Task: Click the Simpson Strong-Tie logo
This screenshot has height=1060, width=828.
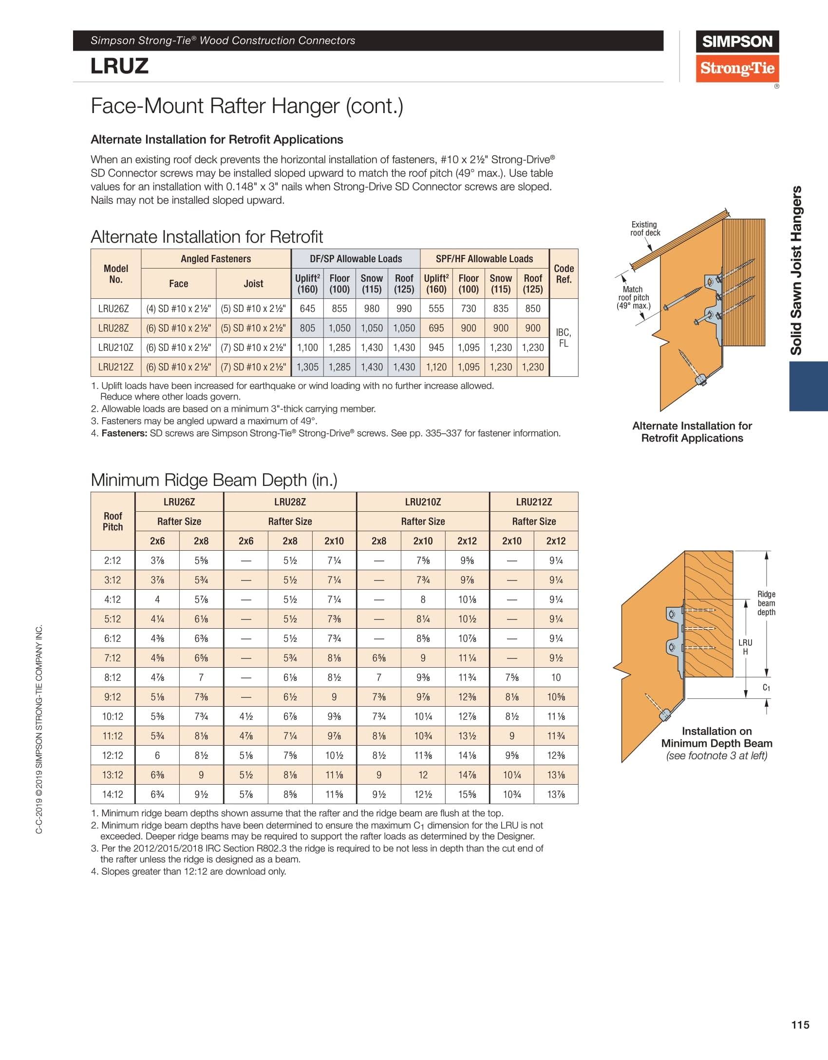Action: tap(737, 56)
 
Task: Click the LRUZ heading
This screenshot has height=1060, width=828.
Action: tap(119, 66)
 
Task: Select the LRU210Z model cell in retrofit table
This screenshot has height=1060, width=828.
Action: tap(115, 347)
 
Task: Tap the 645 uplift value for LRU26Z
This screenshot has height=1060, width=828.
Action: tap(307, 308)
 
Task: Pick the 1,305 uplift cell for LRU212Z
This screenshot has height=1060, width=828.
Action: tap(307, 367)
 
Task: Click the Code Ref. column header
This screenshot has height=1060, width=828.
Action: tap(564, 274)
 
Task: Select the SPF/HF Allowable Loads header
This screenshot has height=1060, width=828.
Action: tap(484, 259)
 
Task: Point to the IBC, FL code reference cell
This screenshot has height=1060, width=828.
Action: tap(564, 338)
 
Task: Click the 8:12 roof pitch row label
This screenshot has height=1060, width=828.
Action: tap(113, 677)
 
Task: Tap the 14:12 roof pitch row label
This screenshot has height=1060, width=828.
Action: tap(113, 794)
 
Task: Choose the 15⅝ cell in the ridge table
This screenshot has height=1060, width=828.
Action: tap(467, 794)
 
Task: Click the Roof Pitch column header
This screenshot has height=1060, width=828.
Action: tap(113, 521)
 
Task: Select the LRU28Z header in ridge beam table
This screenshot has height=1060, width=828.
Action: tap(290, 502)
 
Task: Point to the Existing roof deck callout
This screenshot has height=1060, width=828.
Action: tap(645, 229)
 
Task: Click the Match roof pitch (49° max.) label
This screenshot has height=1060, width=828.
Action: tap(633, 297)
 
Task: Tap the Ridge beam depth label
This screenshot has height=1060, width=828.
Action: tap(766, 603)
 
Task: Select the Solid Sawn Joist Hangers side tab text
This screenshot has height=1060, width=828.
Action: tap(796, 270)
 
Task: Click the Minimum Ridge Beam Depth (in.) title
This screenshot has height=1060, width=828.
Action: tap(214, 480)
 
